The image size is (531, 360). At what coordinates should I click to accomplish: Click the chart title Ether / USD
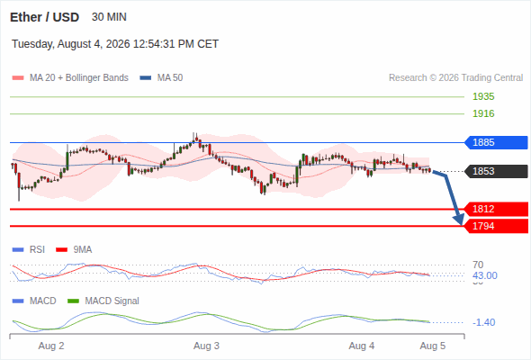click(44, 17)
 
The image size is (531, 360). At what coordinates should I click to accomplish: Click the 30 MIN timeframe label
click(109, 17)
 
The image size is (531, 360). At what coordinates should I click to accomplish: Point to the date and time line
click(115, 44)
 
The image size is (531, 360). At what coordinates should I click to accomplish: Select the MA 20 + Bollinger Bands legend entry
click(70, 78)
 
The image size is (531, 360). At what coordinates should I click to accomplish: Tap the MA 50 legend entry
click(161, 78)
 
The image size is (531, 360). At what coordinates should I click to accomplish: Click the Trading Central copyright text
click(455, 78)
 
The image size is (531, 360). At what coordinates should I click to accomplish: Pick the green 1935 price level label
click(483, 96)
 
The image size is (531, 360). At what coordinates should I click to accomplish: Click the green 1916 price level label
click(483, 113)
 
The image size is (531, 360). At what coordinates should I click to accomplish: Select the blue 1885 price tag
click(496, 142)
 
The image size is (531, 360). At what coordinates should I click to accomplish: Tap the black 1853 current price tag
click(496, 171)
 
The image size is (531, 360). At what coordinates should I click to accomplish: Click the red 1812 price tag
click(496, 209)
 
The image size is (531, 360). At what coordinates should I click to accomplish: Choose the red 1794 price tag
click(496, 226)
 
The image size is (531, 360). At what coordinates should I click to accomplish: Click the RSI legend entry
click(29, 249)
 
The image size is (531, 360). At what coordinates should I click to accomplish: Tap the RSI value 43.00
click(484, 275)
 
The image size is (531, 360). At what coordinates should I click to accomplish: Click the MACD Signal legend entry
click(103, 301)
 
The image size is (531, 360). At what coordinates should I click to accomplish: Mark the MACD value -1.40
click(483, 322)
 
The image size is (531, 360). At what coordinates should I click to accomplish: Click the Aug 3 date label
click(206, 346)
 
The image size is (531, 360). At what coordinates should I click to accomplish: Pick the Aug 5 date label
click(433, 346)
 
